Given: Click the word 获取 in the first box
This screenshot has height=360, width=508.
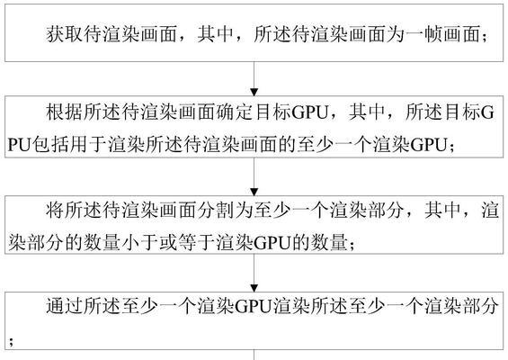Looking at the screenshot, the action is coord(65,33).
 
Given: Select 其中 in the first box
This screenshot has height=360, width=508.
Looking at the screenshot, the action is coord(216,33).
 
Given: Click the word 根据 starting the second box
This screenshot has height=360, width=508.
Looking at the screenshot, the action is coord(65,112).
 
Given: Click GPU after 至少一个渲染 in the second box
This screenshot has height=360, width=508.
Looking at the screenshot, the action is coord(429,144).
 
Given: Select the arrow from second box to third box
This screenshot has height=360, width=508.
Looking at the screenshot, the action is coord(254,176).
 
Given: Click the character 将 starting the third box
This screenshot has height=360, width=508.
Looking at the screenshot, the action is coord(55,211).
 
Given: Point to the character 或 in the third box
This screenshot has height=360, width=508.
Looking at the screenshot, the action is coord(167,242).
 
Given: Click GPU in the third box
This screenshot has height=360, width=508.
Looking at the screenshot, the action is coord(272,243).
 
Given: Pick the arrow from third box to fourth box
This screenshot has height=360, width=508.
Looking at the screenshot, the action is coord(254,273).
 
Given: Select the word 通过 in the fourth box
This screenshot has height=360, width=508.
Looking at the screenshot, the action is coord(65,306).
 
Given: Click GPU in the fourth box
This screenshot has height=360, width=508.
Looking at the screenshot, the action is coord(253,307).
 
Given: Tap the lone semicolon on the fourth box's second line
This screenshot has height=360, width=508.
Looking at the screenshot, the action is coord(12,341).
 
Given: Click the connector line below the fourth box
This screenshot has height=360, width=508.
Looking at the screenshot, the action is coord(254,355).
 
